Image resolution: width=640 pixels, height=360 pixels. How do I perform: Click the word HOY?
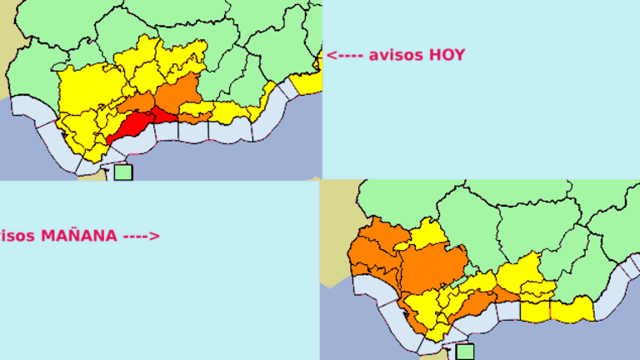point(447,55)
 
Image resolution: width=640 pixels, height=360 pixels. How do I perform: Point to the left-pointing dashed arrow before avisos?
point(344,55)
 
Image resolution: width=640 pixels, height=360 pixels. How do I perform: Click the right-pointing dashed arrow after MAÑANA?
point(141,236)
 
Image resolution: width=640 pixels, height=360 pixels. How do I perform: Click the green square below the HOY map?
point(123,172)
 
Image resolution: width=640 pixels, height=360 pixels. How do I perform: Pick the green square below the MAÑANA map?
point(465,352)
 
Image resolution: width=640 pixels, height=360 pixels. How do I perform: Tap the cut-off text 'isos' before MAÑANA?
point(17,236)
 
